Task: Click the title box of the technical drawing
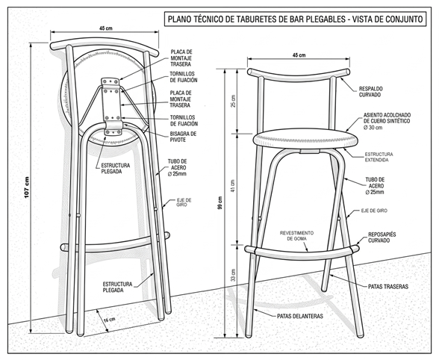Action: pos(296,19)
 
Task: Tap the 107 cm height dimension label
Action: pos(27,187)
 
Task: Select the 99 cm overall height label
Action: pos(220,202)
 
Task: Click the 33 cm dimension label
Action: pos(234,275)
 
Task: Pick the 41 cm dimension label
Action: pos(233,185)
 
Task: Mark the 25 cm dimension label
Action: pos(233,101)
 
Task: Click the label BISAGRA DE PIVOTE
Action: pos(183,137)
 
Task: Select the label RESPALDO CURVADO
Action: pos(370,92)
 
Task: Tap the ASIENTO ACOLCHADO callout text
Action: pos(387,121)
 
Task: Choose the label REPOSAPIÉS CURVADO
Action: pos(382,238)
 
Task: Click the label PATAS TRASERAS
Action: pos(388,287)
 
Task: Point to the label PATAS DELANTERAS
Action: pos(300,316)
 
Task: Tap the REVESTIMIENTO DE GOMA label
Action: pos(297,236)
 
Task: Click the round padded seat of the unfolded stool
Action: pos(305,139)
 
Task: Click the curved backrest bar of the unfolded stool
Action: pos(299,74)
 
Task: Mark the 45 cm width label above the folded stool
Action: pos(106,28)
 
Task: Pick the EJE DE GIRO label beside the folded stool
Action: pos(184,202)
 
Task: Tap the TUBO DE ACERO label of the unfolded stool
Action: pos(375,186)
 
